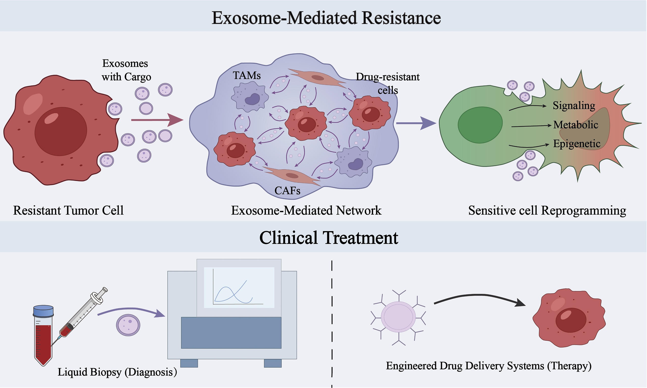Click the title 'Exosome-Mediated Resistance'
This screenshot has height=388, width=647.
click(326, 18)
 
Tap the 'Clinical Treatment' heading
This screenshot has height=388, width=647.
click(329, 238)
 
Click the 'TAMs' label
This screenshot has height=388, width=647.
click(247, 76)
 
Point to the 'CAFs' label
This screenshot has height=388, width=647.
click(287, 191)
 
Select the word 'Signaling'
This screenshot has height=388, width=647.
click(574, 106)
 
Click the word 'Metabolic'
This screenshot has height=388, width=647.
click(576, 125)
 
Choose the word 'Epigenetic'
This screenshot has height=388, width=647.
click(577, 144)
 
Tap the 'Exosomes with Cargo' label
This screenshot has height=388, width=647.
click(126, 70)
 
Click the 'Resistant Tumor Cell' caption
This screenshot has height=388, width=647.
click(68, 210)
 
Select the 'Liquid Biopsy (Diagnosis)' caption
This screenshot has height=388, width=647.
click(117, 372)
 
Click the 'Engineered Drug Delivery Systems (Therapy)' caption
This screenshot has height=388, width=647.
click(489, 366)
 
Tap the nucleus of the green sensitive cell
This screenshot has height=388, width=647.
click(480, 125)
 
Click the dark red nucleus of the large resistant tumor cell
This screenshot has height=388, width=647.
click(61, 132)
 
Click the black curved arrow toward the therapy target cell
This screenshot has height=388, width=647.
click(480, 296)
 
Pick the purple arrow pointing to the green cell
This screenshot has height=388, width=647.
click(416, 123)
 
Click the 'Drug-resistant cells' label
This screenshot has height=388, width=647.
click(388, 84)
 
